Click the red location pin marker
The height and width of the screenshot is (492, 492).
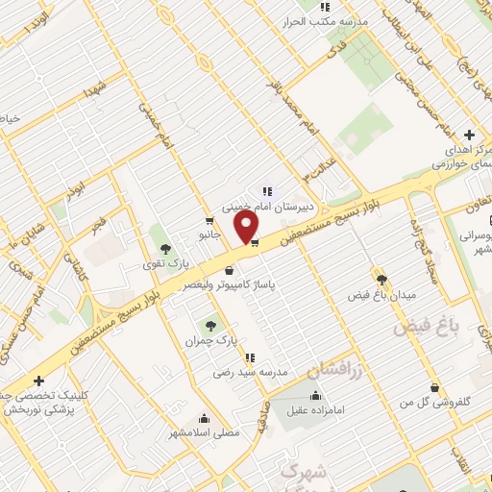coord(247,227)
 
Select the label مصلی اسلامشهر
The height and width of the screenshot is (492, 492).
coord(204,433)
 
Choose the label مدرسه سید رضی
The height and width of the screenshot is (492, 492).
coord(252,371)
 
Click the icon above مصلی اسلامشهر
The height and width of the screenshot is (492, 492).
coord(204,419)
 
